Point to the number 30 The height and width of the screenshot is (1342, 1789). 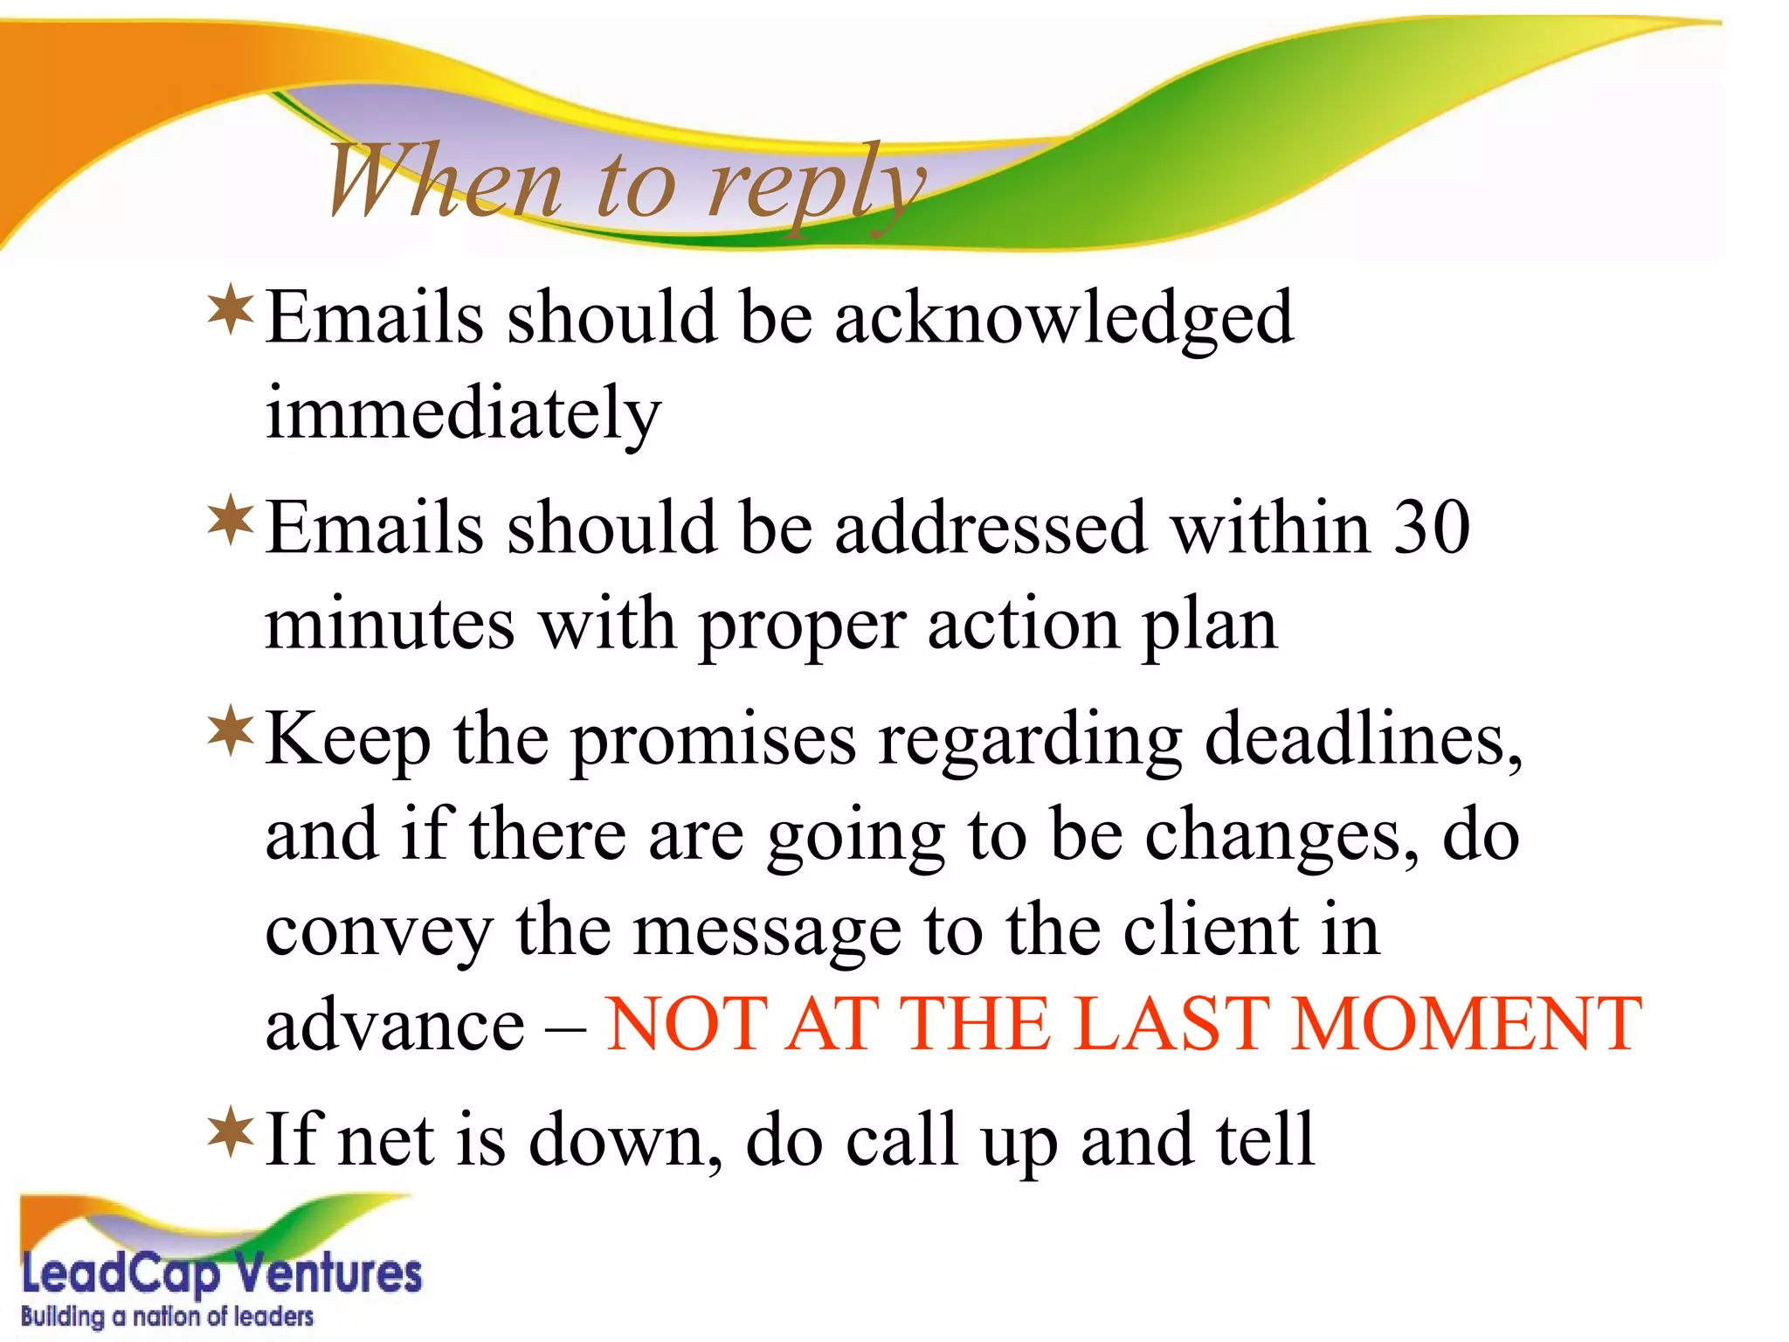tap(1431, 528)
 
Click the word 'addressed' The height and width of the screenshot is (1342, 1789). tap(990, 528)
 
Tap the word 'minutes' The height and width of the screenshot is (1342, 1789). tap(390, 626)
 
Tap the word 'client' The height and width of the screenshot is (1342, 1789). tap(1210, 930)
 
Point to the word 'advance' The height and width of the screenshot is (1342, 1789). tap(394, 1026)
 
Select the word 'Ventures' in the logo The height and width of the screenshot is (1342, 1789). tap(329, 1274)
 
